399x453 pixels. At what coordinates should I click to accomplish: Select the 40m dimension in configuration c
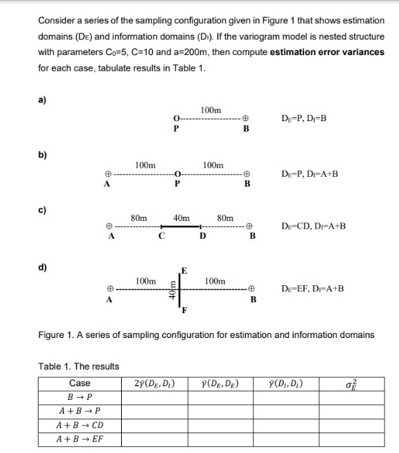182,218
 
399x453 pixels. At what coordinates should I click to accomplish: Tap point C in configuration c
161,238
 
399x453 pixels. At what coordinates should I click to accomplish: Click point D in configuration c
202,238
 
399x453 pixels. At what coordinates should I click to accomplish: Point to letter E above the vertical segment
184,269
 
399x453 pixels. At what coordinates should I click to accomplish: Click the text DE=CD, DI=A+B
314,226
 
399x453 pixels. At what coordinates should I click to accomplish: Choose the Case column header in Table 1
80,383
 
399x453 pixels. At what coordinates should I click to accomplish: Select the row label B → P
80,397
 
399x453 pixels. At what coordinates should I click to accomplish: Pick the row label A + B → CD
80,425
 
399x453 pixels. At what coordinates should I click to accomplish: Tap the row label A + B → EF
80,439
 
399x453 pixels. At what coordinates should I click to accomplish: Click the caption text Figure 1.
206,335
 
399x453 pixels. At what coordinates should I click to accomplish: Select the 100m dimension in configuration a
211,110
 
